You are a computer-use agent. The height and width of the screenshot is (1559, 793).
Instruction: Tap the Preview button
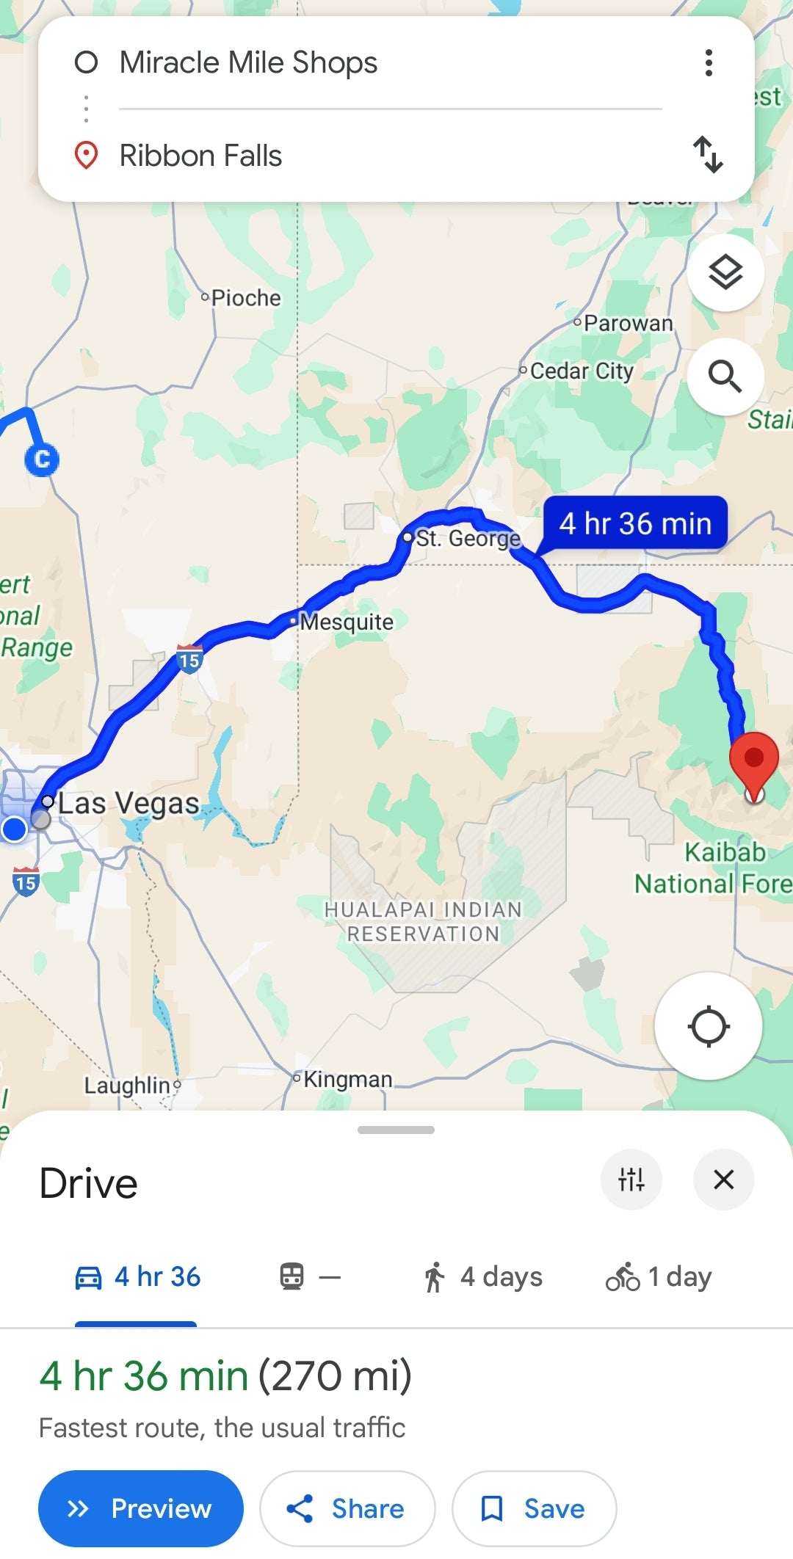(x=140, y=1508)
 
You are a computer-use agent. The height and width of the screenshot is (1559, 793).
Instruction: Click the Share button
(x=347, y=1508)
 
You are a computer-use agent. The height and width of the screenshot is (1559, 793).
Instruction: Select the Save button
(x=534, y=1508)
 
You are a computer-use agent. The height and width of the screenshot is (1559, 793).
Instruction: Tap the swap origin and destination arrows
(x=708, y=154)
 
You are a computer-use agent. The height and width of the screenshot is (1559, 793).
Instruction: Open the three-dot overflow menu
(x=709, y=63)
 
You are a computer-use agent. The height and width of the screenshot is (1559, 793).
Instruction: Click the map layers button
(x=725, y=273)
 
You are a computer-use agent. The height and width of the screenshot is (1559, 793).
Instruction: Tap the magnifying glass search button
(x=725, y=377)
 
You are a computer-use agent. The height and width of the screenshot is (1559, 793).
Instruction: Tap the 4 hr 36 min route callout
(x=635, y=524)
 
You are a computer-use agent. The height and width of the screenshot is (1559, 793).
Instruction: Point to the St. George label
(x=468, y=538)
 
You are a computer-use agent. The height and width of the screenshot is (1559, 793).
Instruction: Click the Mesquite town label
(x=347, y=622)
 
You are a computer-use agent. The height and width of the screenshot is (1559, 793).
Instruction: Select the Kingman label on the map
(x=347, y=1079)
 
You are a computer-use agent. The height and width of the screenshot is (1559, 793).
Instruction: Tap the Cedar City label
(x=581, y=371)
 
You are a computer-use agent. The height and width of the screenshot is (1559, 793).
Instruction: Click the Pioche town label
(x=245, y=298)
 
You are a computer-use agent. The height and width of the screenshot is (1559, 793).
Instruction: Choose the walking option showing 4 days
(x=483, y=1277)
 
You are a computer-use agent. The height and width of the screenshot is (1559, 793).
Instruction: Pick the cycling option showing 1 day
(x=659, y=1277)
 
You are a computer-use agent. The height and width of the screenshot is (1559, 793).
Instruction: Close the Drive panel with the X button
(x=723, y=1180)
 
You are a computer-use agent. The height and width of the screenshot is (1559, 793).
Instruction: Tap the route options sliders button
(x=631, y=1180)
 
